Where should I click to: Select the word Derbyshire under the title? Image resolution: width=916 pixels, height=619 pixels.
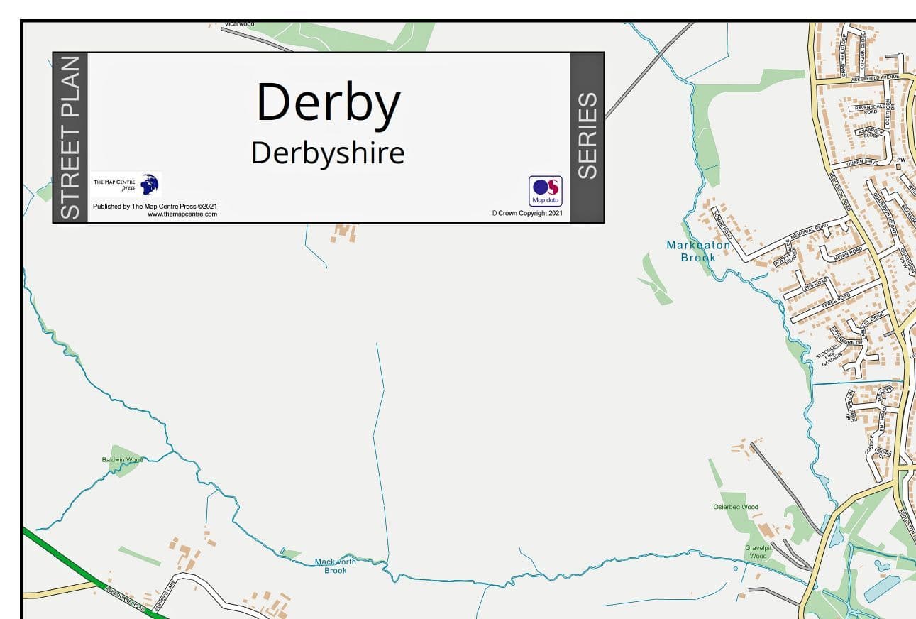tap(328, 153)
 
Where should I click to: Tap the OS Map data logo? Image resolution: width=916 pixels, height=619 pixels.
tap(545, 190)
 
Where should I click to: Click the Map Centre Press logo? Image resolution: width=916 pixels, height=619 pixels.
tap(126, 185)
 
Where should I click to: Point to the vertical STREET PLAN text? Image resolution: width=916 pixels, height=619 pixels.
tap(70, 138)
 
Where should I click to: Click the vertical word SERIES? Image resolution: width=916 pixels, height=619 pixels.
tap(587, 136)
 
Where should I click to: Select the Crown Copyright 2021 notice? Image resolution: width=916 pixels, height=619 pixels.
tap(526, 213)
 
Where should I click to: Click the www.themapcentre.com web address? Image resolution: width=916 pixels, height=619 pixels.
tap(182, 214)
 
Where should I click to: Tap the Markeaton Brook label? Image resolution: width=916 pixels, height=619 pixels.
tap(698, 251)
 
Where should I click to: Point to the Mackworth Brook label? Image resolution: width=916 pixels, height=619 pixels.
tap(336, 566)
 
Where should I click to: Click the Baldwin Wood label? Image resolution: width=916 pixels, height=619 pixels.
tap(122, 460)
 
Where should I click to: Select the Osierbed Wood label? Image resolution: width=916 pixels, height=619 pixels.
tap(736, 507)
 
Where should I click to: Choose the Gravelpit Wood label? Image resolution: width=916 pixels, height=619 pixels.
tap(758, 552)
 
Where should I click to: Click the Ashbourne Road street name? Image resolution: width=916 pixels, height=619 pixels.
tap(125, 598)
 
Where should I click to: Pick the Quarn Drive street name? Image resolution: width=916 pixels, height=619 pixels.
tap(862, 163)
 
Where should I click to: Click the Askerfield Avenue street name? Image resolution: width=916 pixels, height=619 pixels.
tap(875, 77)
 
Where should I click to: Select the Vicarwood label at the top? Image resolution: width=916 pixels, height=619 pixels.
tap(239, 24)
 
